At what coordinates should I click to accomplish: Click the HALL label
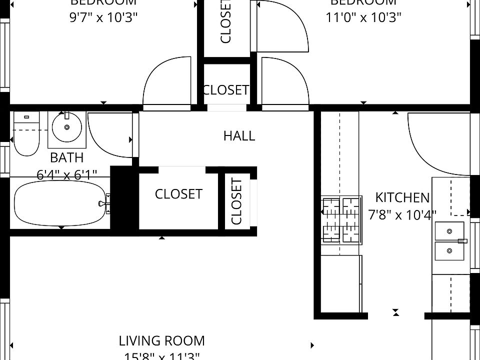pyautogui.click(x=239, y=135)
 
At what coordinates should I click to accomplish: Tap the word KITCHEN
pyautogui.click(x=402, y=197)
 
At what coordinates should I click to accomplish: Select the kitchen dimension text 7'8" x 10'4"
pyautogui.click(x=402, y=215)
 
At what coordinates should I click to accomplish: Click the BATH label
pyautogui.click(x=66, y=158)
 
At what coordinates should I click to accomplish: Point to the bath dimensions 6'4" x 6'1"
pyautogui.click(x=66, y=174)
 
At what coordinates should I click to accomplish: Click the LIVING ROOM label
pyautogui.click(x=161, y=341)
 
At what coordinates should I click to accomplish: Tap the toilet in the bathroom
pyautogui.click(x=25, y=133)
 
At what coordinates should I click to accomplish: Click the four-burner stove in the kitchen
pyautogui.click(x=340, y=219)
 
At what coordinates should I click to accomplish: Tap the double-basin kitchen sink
pyautogui.click(x=450, y=241)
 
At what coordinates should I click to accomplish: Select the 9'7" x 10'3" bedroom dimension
pyautogui.click(x=103, y=17)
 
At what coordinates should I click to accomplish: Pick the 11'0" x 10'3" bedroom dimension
pyautogui.click(x=363, y=17)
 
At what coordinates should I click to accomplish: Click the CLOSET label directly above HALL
pyautogui.click(x=225, y=90)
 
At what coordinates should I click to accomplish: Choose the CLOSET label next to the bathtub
pyautogui.click(x=178, y=194)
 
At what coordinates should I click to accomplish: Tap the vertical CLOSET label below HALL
pyautogui.click(x=236, y=201)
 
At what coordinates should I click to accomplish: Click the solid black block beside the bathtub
pyautogui.click(x=124, y=197)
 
